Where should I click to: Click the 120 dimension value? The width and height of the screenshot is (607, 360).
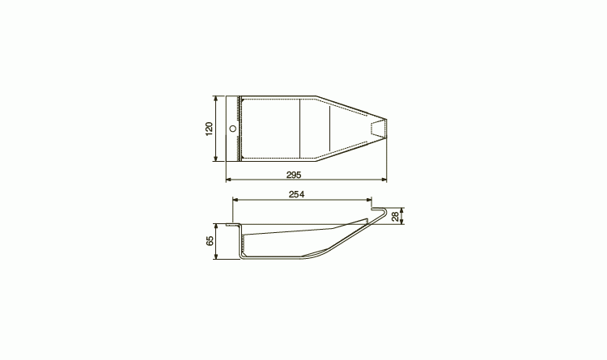[209, 129]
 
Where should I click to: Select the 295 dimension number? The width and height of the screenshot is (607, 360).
[294, 175]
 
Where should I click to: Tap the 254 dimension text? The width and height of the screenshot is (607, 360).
[296, 194]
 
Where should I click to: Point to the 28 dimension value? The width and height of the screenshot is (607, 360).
[395, 216]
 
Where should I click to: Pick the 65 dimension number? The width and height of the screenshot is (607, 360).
[210, 241]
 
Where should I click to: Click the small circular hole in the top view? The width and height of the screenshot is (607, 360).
[232, 129]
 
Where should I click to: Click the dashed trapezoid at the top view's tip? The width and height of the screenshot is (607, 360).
[378, 129]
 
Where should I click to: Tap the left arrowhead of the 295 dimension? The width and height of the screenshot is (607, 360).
[228, 180]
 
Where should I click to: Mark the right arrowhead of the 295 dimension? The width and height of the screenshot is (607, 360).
[384, 180]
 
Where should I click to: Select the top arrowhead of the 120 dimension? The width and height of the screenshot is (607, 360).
[216, 99]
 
